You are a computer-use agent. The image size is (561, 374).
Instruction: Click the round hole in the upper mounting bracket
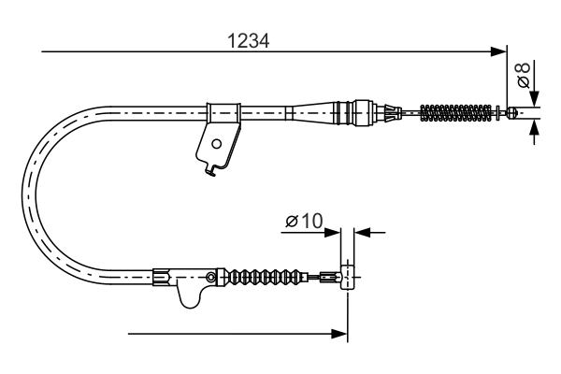point(217,144)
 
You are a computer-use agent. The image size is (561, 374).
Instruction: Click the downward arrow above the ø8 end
point(534,96)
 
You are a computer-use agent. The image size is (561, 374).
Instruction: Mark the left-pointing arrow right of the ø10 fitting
point(364,229)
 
